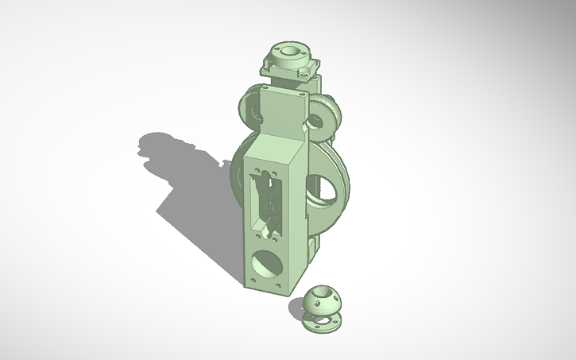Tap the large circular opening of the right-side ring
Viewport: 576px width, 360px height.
331,184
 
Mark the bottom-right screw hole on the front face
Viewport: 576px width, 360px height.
277,285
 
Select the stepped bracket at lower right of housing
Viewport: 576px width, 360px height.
311,246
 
